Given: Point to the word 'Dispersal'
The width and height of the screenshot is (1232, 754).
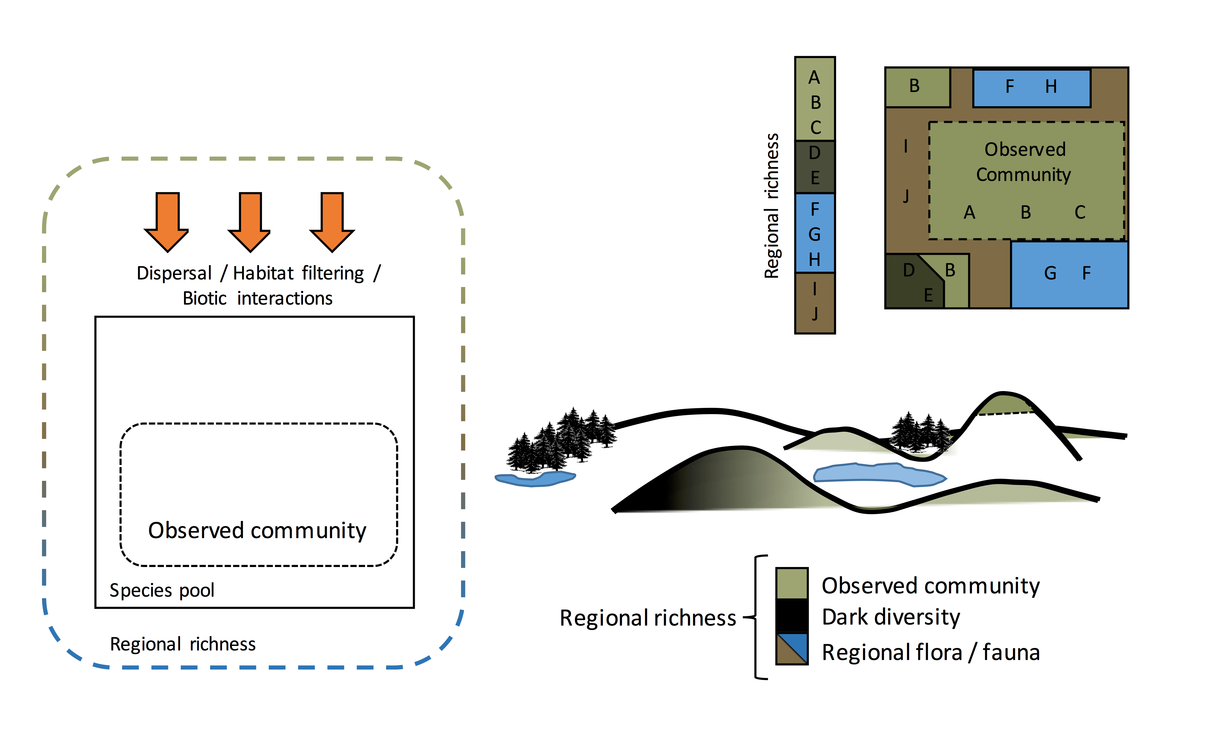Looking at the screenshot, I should (174, 273).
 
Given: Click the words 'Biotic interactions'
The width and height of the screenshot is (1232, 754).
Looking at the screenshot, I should (257, 298).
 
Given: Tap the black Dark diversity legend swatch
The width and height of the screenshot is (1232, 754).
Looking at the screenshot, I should (791, 616).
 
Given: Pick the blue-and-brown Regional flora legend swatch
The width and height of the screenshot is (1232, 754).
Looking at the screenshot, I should (791, 649).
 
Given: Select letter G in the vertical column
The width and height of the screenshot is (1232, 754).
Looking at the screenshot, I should (814, 234).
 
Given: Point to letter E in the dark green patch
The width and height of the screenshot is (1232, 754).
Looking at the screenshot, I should (928, 295).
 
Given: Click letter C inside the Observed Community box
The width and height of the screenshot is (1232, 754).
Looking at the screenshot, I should (1080, 212).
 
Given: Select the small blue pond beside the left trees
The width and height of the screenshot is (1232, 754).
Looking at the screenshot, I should (535, 479).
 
